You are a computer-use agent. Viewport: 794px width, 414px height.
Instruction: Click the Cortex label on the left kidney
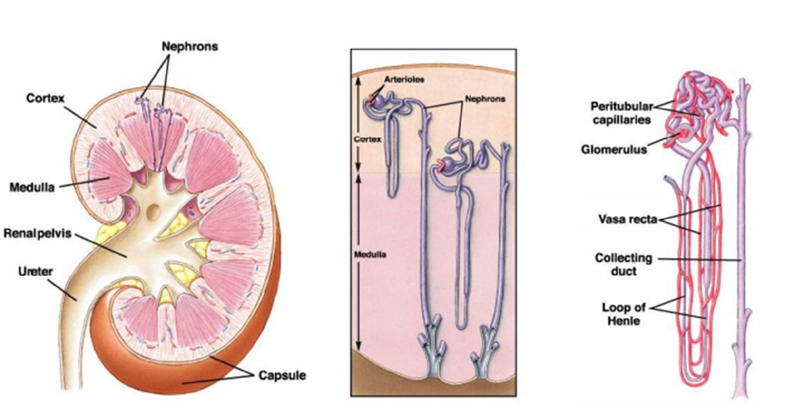pos(45,98)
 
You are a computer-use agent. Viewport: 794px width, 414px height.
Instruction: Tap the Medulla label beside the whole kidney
pos(32,187)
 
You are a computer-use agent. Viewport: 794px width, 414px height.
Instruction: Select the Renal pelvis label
pos(38,234)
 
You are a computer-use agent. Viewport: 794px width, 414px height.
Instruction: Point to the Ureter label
pos(35,272)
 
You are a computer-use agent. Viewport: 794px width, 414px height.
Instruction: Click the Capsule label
pos(282,376)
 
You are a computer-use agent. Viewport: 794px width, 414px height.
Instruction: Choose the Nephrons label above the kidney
pos(190,46)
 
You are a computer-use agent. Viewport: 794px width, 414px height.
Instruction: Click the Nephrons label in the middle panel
pos(485,99)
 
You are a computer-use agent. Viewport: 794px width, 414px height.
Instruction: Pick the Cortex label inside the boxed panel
pos(367,138)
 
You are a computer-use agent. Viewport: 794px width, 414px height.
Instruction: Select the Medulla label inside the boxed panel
pos(369,254)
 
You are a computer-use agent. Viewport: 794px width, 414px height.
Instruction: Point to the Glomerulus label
pos(614,149)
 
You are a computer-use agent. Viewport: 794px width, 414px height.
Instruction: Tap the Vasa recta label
pos(627,220)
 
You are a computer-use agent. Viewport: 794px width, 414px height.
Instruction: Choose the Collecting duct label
pos(623,265)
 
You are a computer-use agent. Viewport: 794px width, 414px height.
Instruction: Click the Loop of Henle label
pos(623,314)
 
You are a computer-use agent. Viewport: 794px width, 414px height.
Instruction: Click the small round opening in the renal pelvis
pos(155,210)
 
